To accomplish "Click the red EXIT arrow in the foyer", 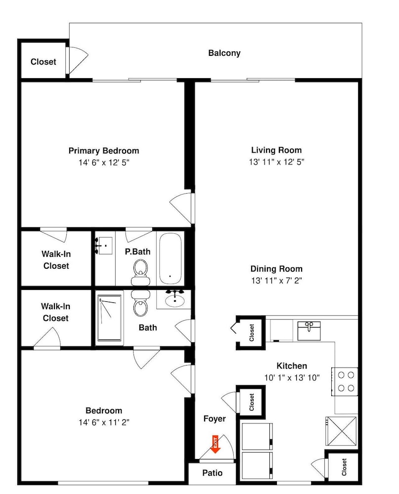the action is (x=216, y=444).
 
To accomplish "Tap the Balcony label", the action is (x=224, y=53).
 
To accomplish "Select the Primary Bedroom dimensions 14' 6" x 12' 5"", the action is (x=104, y=163).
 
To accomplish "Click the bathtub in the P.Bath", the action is (x=170, y=258).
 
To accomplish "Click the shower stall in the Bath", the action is (x=109, y=318).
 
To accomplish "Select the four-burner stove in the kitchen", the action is (x=345, y=381).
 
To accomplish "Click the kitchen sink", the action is (x=309, y=331).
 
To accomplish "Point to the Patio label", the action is (x=212, y=473).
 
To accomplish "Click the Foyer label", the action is (x=215, y=419).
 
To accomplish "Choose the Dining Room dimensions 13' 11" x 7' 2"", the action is (x=276, y=281).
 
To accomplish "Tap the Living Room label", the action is (x=276, y=150).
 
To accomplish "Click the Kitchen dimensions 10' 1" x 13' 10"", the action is (x=292, y=377).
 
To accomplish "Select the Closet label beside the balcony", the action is (x=43, y=61).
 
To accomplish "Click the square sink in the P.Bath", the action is (x=104, y=246).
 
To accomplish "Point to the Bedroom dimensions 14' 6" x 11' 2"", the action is (x=104, y=422).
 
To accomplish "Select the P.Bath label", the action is (x=137, y=252).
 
